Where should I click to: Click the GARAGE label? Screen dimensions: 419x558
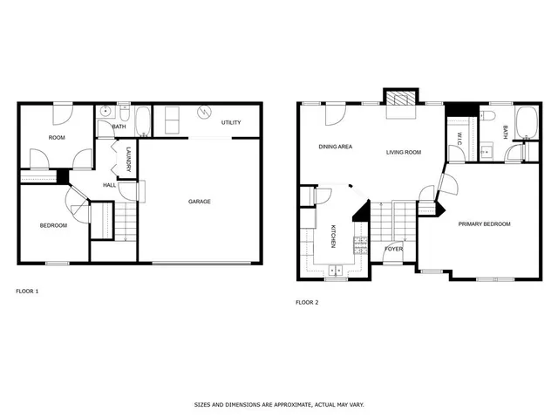[x=200, y=202]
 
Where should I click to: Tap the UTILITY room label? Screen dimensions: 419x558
[x=231, y=122]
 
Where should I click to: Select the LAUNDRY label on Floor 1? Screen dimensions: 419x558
[x=127, y=159]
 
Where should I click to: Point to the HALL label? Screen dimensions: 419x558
[x=110, y=185]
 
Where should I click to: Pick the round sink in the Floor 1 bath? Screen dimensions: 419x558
[x=105, y=112]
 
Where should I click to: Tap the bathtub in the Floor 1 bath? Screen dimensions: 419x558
[x=145, y=120]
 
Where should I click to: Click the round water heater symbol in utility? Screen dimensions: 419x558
[x=203, y=113]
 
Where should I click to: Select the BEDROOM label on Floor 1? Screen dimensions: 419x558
[x=53, y=226]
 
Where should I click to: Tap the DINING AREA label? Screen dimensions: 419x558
[x=335, y=147]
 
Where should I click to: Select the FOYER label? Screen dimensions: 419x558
[x=394, y=249]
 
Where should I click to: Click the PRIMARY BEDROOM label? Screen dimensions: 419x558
[x=484, y=223]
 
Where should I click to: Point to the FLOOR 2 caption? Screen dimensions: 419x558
[x=307, y=302]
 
